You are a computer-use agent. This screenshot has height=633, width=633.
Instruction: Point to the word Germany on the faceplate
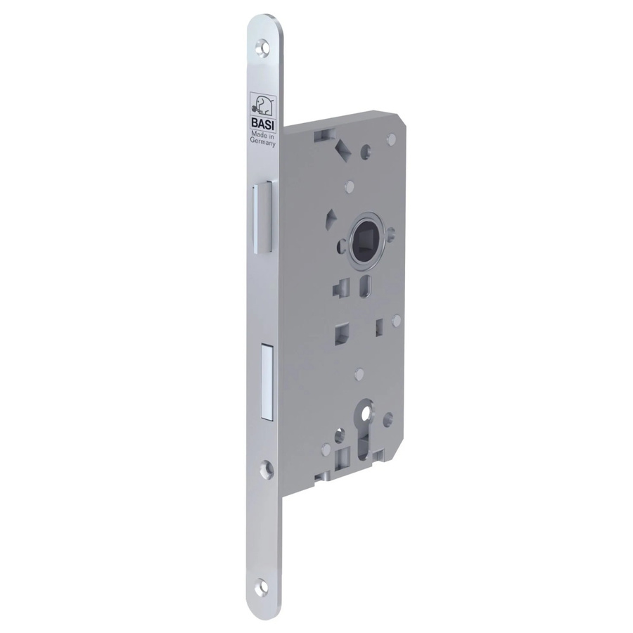[x=263, y=141]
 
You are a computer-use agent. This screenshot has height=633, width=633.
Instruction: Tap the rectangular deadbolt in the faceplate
[x=267, y=381]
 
